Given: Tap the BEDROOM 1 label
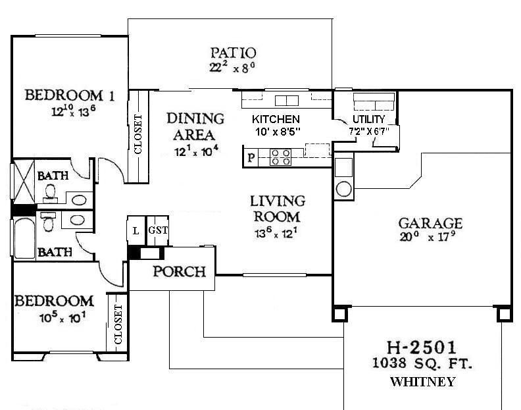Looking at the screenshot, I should pyautogui.click(x=70, y=95).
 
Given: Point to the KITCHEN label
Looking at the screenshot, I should pyautogui.click(x=276, y=119).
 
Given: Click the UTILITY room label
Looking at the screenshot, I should pyautogui.click(x=368, y=119).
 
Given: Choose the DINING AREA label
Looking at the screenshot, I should pyautogui.click(x=195, y=126).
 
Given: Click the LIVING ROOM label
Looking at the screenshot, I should pyautogui.click(x=277, y=208).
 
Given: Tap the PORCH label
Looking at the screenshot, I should pyautogui.click(x=180, y=271).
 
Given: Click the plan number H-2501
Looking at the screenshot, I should pyautogui.click(x=422, y=346).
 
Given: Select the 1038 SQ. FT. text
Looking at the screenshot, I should pyautogui.click(x=422, y=363).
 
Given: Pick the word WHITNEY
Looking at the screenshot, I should pyautogui.click(x=422, y=382).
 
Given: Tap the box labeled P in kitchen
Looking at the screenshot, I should pyautogui.click(x=251, y=158).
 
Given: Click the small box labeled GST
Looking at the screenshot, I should pyautogui.click(x=157, y=230).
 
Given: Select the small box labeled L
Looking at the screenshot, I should pyautogui.click(x=136, y=230).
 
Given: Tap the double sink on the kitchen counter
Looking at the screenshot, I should pyautogui.click(x=286, y=100).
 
